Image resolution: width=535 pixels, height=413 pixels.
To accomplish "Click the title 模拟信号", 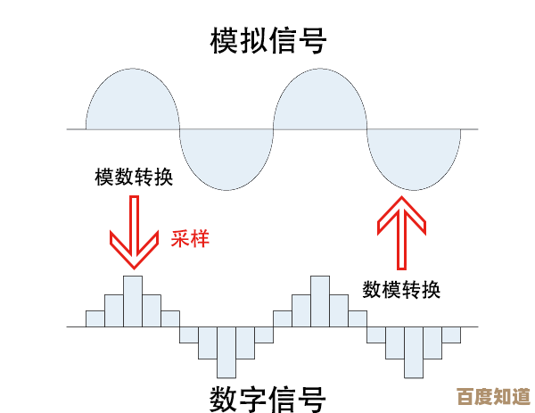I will coord(267,40).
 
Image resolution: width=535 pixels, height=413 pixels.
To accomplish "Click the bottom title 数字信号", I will coord(267,397).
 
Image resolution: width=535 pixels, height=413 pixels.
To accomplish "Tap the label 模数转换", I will coord(134,177).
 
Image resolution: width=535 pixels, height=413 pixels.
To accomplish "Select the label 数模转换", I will coord(401,290).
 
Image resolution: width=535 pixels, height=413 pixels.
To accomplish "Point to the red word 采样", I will coord(190,238).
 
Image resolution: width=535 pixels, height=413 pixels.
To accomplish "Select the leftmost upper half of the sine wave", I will coord(133,103).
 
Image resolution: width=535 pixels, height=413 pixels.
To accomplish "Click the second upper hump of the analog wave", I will coord(320,103).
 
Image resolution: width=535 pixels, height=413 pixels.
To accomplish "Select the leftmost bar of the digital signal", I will coord(95,318).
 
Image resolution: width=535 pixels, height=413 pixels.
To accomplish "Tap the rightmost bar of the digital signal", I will coord(451,335).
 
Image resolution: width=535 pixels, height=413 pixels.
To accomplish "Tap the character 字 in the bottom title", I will coord(253,397).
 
